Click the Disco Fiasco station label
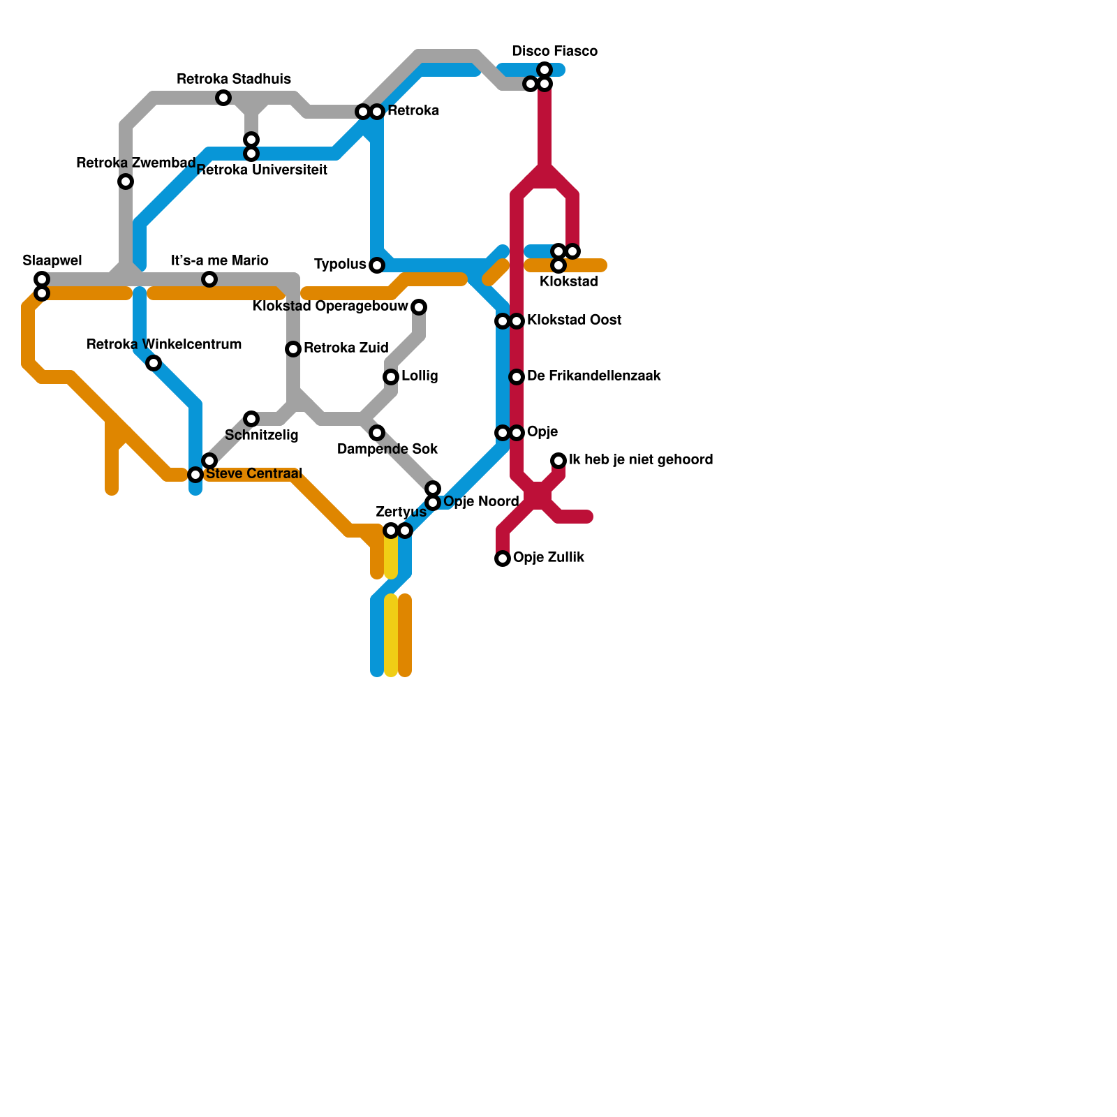pyautogui.click(x=554, y=52)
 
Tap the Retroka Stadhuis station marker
pyautogui.click(x=223, y=98)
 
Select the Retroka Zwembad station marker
pyautogui.click(x=126, y=182)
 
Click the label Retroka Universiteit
pyautogui.click(x=262, y=170)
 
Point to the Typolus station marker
pyautogui.click(x=377, y=265)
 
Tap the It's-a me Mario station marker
pyautogui.click(x=209, y=279)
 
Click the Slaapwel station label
pyautogui.click(x=52, y=261)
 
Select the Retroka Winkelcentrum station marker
pyautogui.click(x=154, y=363)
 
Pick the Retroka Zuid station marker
pyautogui.click(x=293, y=349)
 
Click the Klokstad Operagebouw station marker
pyautogui.click(x=419, y=307)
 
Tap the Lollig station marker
pyautogui.click(x=391, y=377)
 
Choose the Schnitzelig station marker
pyautogui.click(x=251, y=419)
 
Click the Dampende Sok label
pyautogui.click(x=387, y=449)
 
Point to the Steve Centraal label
pyautogui.click(x=253, y=474)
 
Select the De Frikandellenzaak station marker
pyautogui.click(x=517, y=377)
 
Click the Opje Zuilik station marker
pyautogui.click(x=503, y=558)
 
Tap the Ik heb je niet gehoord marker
pyautogui.click(x=558, y=461)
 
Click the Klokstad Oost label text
pyautogui.click(x=574, y=320)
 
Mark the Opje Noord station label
pyautogui.click(x=481, y=502)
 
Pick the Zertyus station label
pyautogui.click(x=401, y=512)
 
